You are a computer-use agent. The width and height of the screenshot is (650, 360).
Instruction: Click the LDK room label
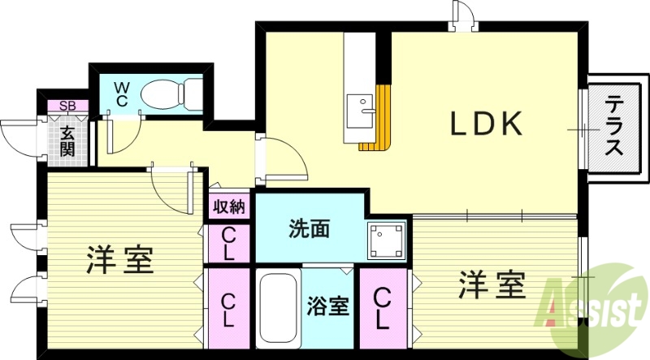coord(485,124)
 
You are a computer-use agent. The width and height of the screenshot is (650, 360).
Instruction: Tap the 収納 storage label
coord(228,206)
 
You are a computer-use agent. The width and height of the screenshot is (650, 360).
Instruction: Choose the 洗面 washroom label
coord(310,229)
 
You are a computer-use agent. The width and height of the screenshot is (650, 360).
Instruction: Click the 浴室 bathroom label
coord(327,307)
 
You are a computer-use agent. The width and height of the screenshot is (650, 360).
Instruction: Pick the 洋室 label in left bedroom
coord(121,260)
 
